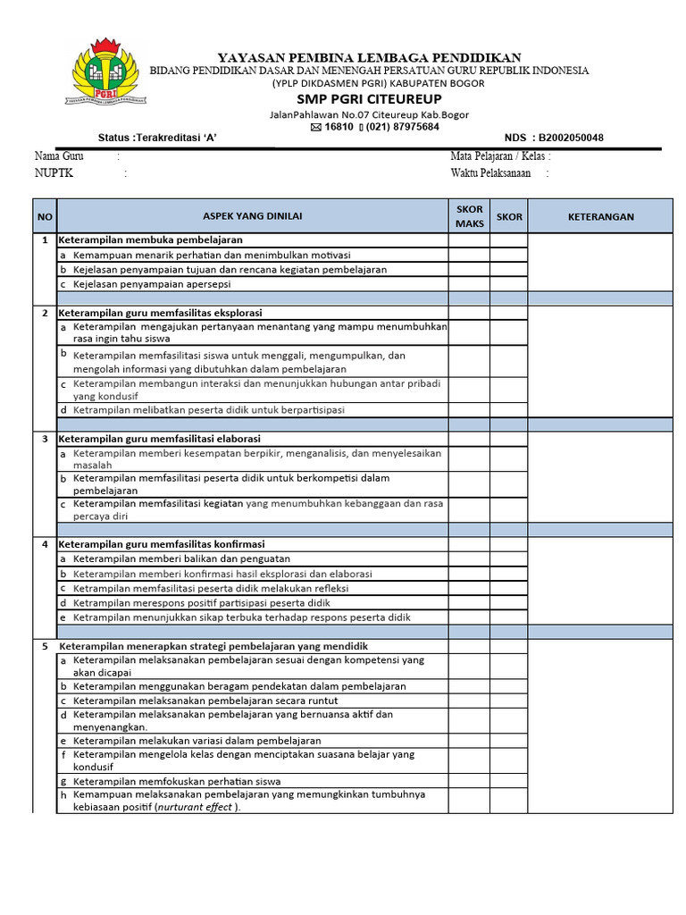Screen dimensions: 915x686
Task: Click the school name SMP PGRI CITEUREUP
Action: pyautogui.click(x=369, y=99)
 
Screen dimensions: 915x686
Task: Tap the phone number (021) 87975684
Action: pyautogui.click(x=403, y=127)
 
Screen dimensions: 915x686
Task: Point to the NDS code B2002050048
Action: pyautogui.click(x=566, y=138)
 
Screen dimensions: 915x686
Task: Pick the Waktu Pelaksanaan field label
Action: pyautogui.click(x=490, y=173)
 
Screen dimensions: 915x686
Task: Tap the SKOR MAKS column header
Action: pyautogui.click(x=469, y=215)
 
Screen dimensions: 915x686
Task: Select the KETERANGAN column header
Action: pyautogui.click(x=601, y=216)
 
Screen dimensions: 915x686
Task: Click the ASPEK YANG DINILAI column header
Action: pyautogui.click(x=253, y=216)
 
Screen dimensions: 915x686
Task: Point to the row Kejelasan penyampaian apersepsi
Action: pyautogui.click(x=152, y=284)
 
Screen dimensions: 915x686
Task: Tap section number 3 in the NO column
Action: pyautogui.click(x=45, y=439)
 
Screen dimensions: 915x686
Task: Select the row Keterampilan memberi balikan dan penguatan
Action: pyautogui.click(x=181, y=558)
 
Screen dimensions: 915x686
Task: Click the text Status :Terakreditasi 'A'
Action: pyautogui.click(x=157, y=138)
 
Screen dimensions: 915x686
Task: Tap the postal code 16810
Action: pyautogui.click(x=339, y=127)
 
